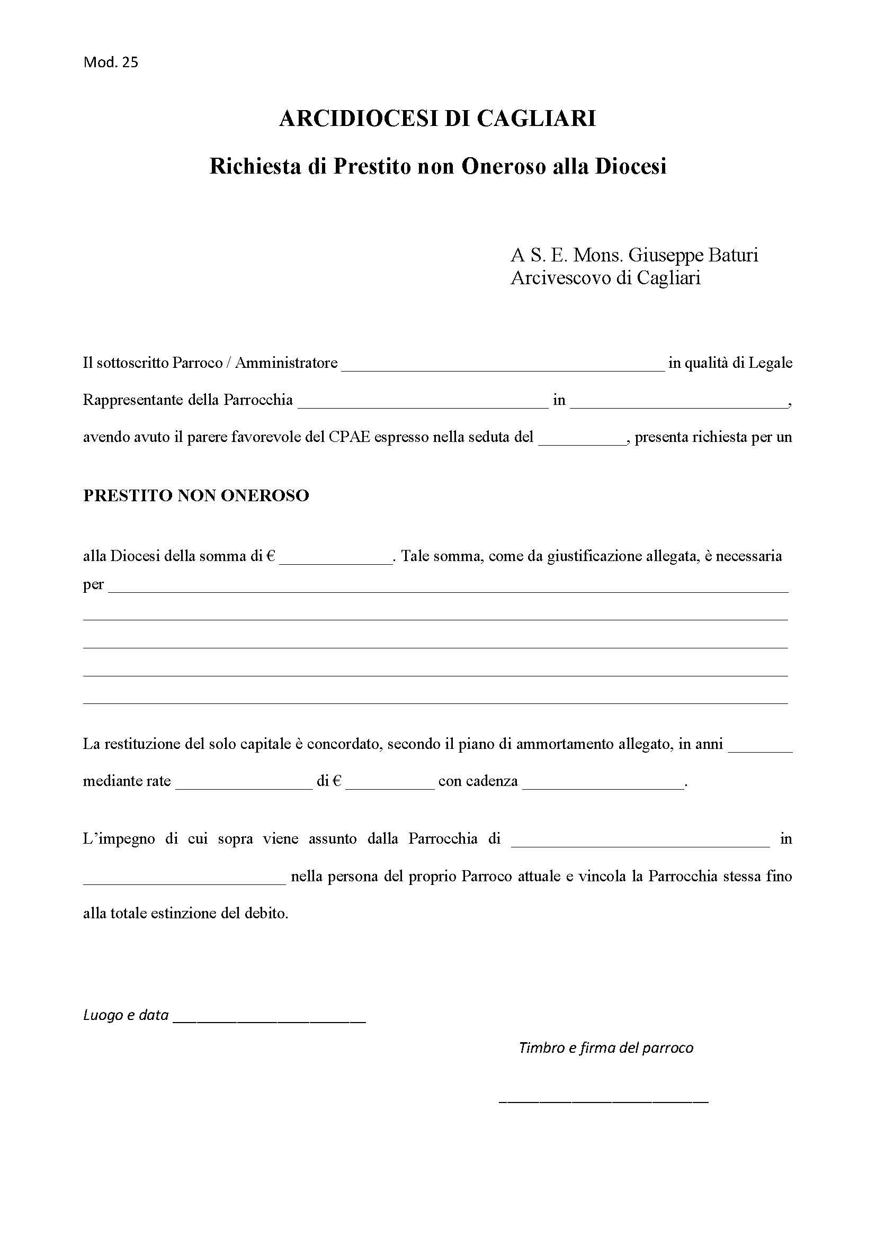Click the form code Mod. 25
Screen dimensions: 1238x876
click(x=111, y=62)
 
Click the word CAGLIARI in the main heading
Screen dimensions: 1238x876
click(x=536, y=119)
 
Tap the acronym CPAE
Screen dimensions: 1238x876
click(x=349, y=437)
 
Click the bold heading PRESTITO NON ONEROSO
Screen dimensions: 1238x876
click(x=196, y=495)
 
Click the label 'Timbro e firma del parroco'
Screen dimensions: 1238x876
click(x=606, y=1047)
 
